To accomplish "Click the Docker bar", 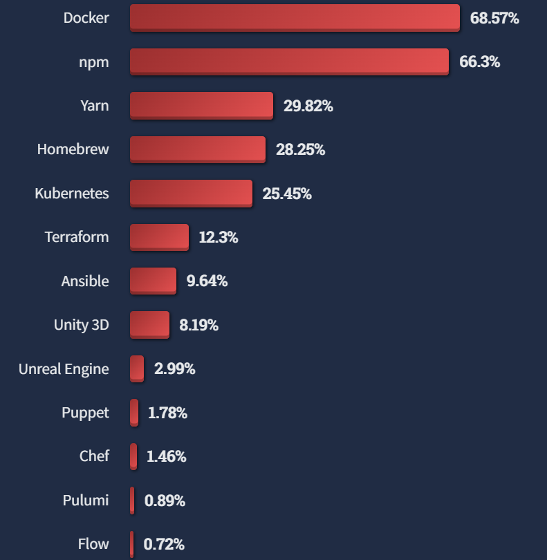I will pyautogui.click(x=295, y=17).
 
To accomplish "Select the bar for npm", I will pyautogui.click(x=289, y=62).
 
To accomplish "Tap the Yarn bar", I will pyautogui.click(x=201, y=106).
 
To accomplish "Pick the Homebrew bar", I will pyautogui.click(x=197, y=149).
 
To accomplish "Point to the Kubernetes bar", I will pyautogui.click(x=191, y=194).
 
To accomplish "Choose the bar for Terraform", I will pyautogui.click(x=159, y=237).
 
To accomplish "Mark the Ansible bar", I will pyautogui.click(x=153, y=281).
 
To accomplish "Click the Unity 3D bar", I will pyautogui.click(x=149, y=325).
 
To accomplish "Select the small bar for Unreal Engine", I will pyautogui.click(x=137, y=368).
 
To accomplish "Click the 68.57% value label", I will pyautogui.click(x=494, y=18).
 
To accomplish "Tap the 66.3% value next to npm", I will pyautogui.click(x=479, y=62).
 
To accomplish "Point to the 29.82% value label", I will pyautogui.click(x=308, y=106).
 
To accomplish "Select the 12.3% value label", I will pyautogui.click(x=218, y=237).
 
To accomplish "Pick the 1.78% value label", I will pyautogui.click(x=167, y=413).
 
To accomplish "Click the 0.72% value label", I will pyautogui.click(x=164, y=544).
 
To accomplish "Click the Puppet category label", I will pyautogui.click(x=85, y=413).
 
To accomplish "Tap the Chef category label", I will pyautogui.click(x=94, y=456).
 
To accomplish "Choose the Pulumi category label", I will pyautogui.click(x=86, y=500).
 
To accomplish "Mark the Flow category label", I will pyautogui.click(x=93, y=544).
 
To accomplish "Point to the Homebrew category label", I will pyautogui.click(x=73, y=149).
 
